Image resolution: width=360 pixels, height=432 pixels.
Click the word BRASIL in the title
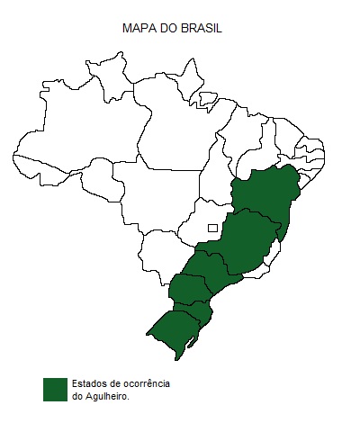pyautogui.click(x=201, y=29)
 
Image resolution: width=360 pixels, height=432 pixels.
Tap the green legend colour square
pyautogui.click(x=55, y=389)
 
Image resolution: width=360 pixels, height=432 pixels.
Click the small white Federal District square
pyautogui.click(x=212, y=228)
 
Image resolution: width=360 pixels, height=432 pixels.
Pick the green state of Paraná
pyautogui.click(x=189, y=290)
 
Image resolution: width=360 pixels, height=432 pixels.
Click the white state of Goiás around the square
pyautogui.click(x=202, y=220)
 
